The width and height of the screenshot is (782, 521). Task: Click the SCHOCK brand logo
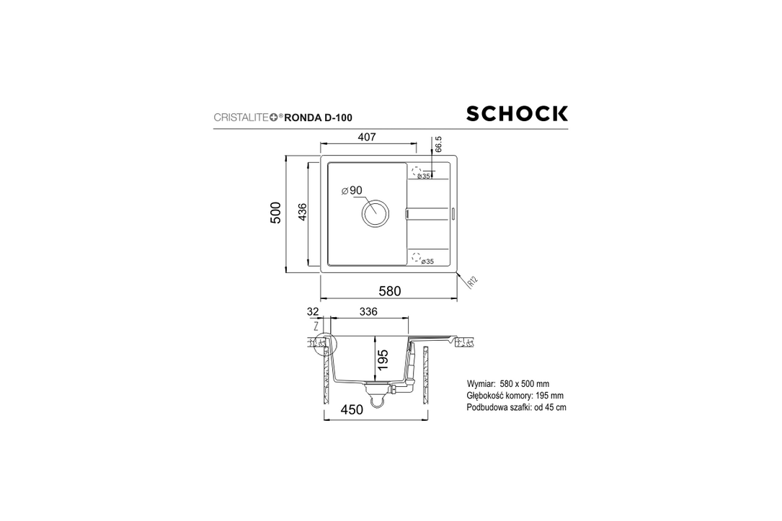point(517,114)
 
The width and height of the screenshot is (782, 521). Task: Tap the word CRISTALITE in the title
point(241,117)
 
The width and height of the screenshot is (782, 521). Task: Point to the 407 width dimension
point(367,137)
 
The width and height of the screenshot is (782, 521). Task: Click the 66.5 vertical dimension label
point(438,143)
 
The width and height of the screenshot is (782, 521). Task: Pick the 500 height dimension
point(275,213)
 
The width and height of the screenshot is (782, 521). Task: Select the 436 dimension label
point(302,212)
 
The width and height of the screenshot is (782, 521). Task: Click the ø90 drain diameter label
point(352,190)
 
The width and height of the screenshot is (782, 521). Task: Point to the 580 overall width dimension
point(389,291)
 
